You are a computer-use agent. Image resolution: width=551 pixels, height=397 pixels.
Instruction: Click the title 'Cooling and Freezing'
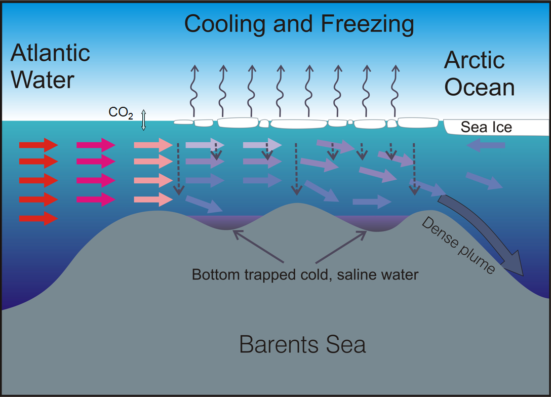tap(299, 24)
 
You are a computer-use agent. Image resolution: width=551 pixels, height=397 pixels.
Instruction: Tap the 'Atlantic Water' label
tap(50, 66)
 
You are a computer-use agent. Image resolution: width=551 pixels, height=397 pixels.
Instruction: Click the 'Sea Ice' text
tap(486, 127)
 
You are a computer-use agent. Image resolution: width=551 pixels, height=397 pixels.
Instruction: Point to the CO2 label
tap(121, 112)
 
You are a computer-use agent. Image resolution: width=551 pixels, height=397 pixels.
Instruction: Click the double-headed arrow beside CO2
tap(143, 120)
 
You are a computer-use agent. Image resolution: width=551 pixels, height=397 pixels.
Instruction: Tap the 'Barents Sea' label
tap(302, 345)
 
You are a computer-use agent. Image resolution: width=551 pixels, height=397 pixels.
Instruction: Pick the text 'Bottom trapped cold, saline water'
tap(305, 275)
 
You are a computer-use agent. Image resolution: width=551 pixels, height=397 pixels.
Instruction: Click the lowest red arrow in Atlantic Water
tap(38, 219)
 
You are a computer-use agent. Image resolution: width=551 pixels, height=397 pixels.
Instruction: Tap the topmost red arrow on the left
tap(38, 146)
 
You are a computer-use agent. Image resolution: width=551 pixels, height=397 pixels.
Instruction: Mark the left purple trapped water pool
tap(218, 221)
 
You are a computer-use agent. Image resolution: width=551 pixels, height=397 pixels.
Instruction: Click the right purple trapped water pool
tap(372, 222)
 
